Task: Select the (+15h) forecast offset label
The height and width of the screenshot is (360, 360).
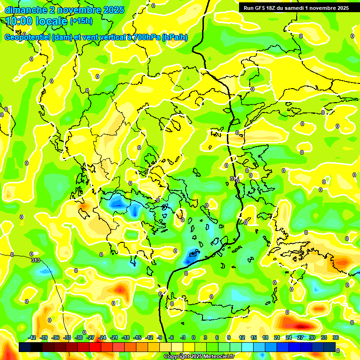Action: tap(81, 21)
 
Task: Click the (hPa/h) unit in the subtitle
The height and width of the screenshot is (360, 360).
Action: tap(175, 37)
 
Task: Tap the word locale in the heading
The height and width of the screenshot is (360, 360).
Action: tap(52, 21)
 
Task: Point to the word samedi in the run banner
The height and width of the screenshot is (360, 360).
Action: tap(296, 8)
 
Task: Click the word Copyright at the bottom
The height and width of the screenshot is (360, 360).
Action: tap(177, 357)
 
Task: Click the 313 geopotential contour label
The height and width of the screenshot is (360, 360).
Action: tap(35, 260)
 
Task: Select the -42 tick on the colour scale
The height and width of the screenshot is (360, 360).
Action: tap(32, 337)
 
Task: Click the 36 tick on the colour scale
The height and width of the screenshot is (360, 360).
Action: tap(336, 337)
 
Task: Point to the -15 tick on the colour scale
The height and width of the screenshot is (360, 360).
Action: tap(138, 337)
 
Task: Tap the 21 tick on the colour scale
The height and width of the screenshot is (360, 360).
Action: tap(277, 337)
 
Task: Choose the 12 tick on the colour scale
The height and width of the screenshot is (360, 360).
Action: tap(242, 337)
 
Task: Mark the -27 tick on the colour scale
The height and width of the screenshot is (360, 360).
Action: tap(91, 337)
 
